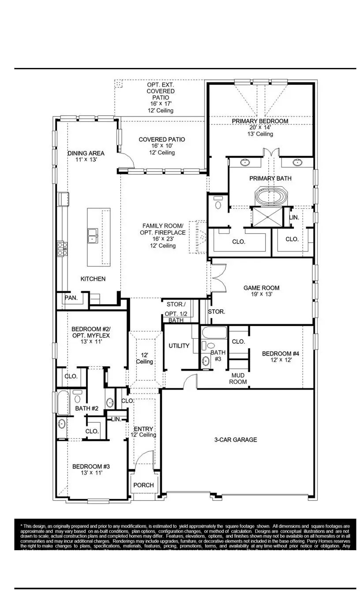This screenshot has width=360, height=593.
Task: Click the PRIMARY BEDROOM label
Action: pos(260,121)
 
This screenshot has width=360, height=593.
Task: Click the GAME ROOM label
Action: pos(261,288)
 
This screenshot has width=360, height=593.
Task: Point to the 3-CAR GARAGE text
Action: pos(235,439)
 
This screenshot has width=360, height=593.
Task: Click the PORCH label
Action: pos(143,485)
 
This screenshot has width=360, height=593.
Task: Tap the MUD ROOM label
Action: pos(238,379)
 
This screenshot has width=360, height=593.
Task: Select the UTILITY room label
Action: pos(179,346)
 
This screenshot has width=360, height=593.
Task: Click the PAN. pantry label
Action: pos(71,298)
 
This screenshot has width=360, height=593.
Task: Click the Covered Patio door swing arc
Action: pos(127,160)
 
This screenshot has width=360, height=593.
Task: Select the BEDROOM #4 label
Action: pos(281,354)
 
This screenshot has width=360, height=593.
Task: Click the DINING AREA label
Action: pos(86,153)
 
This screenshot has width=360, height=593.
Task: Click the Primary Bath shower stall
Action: pos(266,217)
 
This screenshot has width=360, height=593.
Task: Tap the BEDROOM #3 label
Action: pos(88,466)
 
